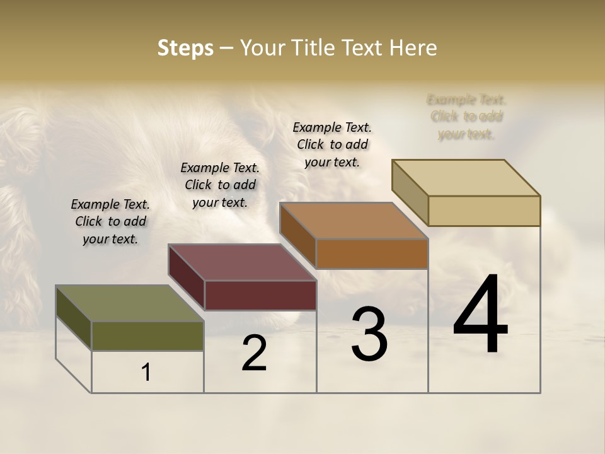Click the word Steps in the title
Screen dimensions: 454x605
pos(185,48)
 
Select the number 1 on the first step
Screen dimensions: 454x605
pos(146,373)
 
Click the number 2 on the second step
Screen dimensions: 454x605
pos(254,353)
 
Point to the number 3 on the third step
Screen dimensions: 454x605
pos(369,334)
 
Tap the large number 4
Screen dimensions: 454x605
pos(480,315)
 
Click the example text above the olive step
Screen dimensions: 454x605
pos(110,221)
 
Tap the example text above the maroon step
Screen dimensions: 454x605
pos(220,185)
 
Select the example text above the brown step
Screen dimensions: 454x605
pos(332,144)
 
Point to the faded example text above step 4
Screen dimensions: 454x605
pos(466,117)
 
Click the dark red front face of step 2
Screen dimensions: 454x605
pos(260,295)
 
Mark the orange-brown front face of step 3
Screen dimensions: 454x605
pos(372,253)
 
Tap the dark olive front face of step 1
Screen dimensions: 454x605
pos(147,335)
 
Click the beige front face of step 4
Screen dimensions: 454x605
pos(484,211)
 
